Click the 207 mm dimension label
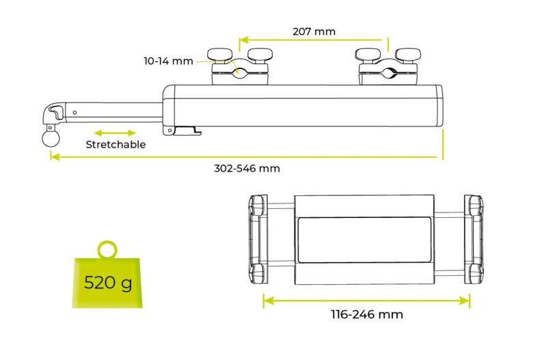314,31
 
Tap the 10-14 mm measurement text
168,61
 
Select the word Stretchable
115,145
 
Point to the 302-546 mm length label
247,168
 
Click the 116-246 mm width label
366,315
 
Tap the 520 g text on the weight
108,282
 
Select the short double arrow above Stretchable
115,133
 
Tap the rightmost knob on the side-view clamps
407,54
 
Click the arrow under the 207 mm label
314,41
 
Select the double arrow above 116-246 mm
366,300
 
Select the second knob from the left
258,54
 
